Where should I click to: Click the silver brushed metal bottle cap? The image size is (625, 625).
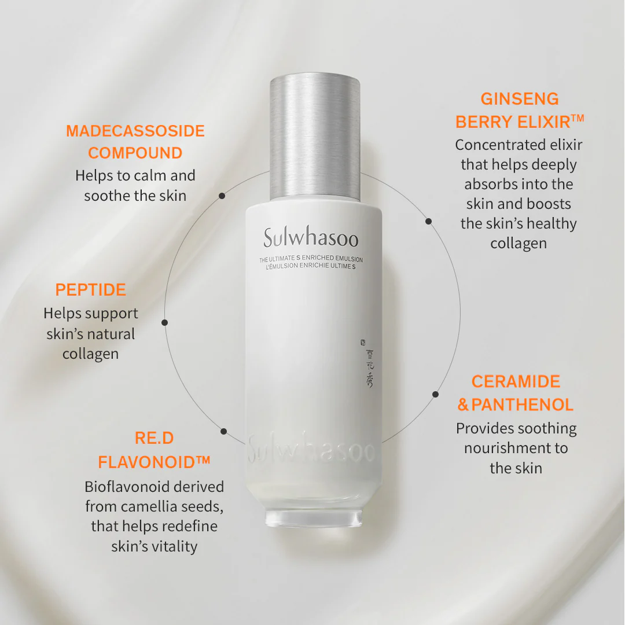pyautogui.click(x=315, y=136)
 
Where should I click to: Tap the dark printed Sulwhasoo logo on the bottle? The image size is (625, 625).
pyautogui.click(x=311, y=238)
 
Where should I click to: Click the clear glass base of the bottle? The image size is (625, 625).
pyautogui.click(x=312, y=517)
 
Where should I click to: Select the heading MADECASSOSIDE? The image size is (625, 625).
pyautogui.click(x=135, y=131)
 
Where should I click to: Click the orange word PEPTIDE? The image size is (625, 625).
pyautogui.click(x=90, y=290)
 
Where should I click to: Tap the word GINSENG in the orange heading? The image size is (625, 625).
pyautogui.click(x=519, y=99)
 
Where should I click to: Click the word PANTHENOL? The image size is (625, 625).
pyautogui.click(x=522, y=405)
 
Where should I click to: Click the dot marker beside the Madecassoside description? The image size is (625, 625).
pyautogui.click(x=222, y=196)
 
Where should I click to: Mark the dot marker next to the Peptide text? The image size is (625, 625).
pyautogui.click(x=165, y=322)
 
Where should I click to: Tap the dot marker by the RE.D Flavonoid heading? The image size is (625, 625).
pyautogui.click(x=224, y=431)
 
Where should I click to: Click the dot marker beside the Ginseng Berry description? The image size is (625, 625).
pyautogui.click(x=428, y=221)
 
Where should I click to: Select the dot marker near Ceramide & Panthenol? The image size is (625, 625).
pyautogui.click(x=435, y=394)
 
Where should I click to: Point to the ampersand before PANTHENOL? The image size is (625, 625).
pyautogui.click(x=463, y=405)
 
